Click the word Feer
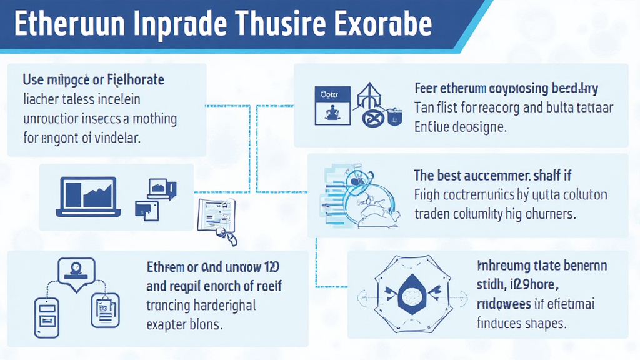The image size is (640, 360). (x=426, y=88)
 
